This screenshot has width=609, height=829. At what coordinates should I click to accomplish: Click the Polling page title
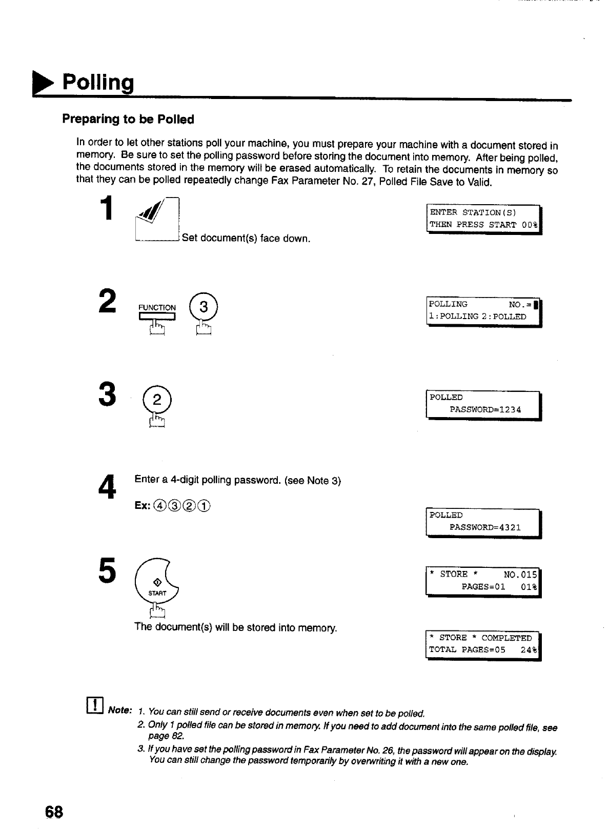(x=97, y=82)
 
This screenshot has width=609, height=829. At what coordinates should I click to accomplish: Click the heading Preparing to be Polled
(x=128, y=120)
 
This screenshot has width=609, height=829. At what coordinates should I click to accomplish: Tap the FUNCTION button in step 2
(x=157, y=314)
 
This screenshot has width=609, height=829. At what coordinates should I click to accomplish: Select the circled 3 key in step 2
(x=204, y=308)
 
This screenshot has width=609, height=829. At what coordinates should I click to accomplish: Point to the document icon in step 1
(x=156, y=221)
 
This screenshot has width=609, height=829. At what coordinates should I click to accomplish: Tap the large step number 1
(x=106, y=209)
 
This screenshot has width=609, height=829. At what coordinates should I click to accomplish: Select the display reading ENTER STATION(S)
(x=484, y=219)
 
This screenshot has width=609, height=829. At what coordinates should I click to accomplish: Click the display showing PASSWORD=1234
(x=484, y=405)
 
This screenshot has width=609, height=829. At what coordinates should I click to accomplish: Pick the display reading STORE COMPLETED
(x=484, y=644)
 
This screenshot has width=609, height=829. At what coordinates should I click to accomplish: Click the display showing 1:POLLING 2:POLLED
(x=484, y=311)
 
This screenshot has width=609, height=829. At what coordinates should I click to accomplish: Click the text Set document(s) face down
(x=246, y=239)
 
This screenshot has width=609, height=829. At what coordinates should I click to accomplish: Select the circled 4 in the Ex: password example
(x=158, y=506)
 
